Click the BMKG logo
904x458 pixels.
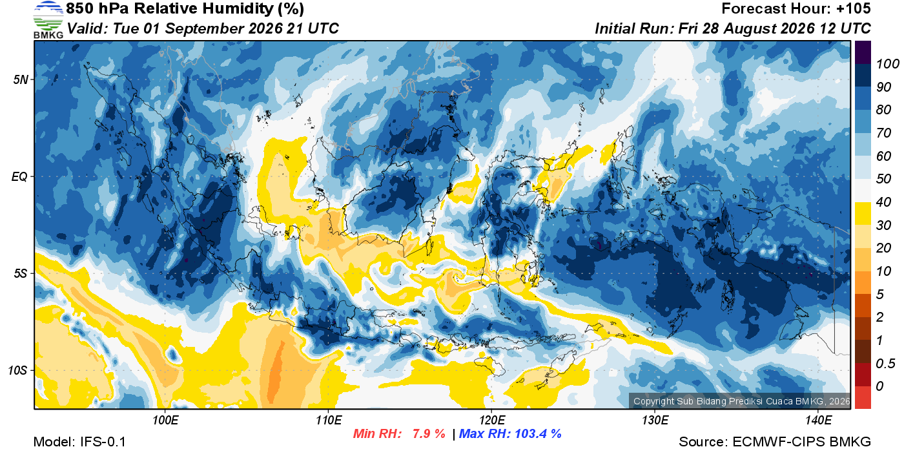pyautogui.click(x=48, y=20)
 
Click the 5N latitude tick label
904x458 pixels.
pyautogui.click(x=21, y=79)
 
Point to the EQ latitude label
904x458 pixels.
pyautogui.click(x=20, y=176)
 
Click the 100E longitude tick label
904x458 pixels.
pyautogui.click(x=165, y=420)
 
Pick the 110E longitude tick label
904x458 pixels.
pyautogui.click(x=329, y=420)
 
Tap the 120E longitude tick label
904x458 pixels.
pyautogui.click(x=491, y=420)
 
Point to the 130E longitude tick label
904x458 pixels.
pyautogui.click(x=655, y=420)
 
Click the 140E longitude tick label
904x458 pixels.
pyautogui.click(x=818, y=420)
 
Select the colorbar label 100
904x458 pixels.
pyautogui.click(x=887, y=64)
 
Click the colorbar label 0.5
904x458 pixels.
pyautogui.click(x=885, y=364)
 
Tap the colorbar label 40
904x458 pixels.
pyautogui.click(x=883, y=202)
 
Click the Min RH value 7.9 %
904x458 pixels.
pyautogui.click(x=429, y=433)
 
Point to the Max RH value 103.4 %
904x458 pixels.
pyautogui.click(x=538, y=433)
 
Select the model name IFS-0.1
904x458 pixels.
pyautogui.click(x=103, y=442)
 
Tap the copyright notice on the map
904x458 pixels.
pyautogui.click(x=741, y=401)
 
